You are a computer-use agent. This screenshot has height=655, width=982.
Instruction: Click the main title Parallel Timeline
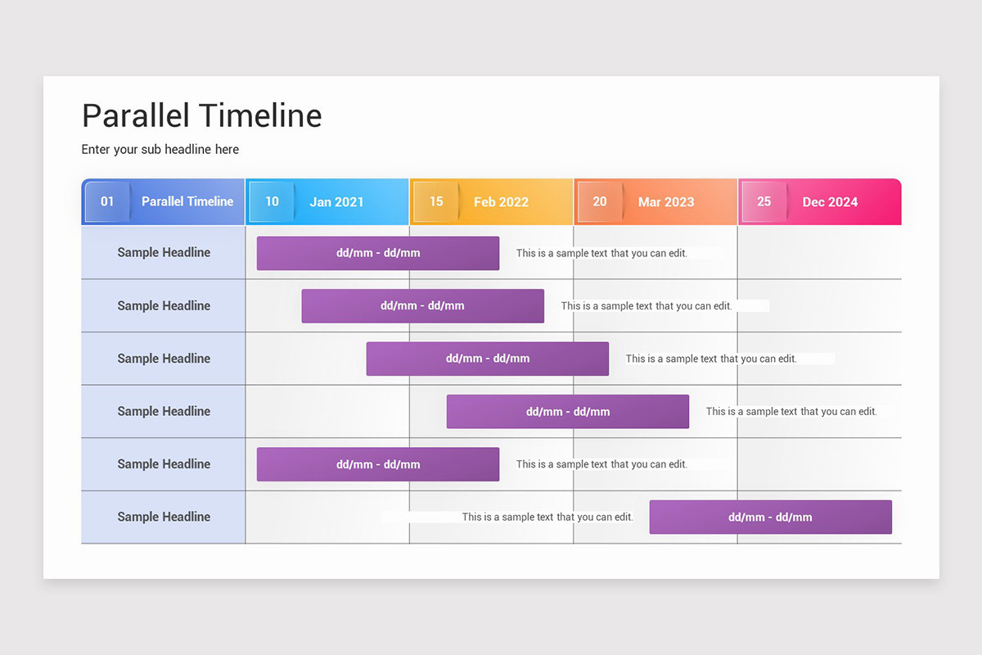[x=201, y=115]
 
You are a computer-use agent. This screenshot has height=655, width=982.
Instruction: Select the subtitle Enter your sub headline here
[x=160, y=149]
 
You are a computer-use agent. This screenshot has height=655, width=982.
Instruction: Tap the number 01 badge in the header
[x=107, y=201]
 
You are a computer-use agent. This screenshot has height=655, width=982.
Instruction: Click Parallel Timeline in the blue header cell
[x=187, y=201]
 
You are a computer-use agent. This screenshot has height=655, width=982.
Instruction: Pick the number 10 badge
[x=272, y=201]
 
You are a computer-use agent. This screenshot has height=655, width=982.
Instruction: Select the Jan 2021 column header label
[x=336, y=202]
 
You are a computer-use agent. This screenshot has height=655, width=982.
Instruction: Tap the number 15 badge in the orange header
[x=436, y=201]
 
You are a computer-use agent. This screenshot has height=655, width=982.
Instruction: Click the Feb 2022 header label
[x=501, y=202]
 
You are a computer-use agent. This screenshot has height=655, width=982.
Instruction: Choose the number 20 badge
[x=600, y=201]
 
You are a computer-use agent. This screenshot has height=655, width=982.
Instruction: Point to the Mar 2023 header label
[x=666, y=202]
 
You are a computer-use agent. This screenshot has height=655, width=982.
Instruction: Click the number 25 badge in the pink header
[x=764, y=201]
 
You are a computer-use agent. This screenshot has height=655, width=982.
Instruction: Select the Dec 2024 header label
[x=830, y=202]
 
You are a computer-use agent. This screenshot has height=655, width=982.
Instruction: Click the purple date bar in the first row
[x=378, y=253]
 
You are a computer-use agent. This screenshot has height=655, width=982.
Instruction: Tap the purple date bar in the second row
[x=422, y=305]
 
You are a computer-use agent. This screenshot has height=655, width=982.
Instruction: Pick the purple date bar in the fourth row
[x=568, y=412]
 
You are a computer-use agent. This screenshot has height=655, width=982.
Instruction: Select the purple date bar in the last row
[x=770, y=517]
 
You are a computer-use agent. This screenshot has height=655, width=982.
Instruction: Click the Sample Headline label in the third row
[x=164, y=359]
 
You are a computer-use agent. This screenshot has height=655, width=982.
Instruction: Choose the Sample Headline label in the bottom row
[x=164, y=517]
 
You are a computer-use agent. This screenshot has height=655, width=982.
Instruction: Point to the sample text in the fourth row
[x=791, y=412]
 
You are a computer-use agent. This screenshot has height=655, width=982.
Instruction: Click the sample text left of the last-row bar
[x=547, y=517]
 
